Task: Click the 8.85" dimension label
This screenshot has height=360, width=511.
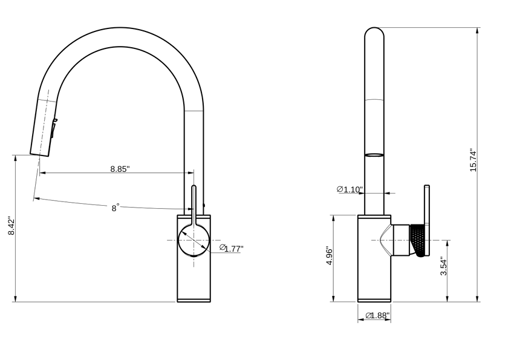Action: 120,169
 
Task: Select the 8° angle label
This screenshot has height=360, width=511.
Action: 115,208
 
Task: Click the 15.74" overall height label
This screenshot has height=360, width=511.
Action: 473,160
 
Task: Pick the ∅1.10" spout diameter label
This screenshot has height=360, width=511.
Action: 350,189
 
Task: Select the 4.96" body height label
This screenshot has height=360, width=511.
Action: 330,258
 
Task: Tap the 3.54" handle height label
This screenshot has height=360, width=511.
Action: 443,266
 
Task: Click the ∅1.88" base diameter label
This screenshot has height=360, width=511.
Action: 377,315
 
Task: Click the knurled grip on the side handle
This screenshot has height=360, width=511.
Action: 418,240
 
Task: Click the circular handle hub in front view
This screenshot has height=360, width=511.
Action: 194,240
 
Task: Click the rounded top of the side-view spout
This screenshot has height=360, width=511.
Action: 374,33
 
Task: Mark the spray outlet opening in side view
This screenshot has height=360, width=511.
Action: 374,154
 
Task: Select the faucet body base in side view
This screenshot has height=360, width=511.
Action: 374,295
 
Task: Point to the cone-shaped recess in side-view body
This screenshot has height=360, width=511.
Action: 383,240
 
